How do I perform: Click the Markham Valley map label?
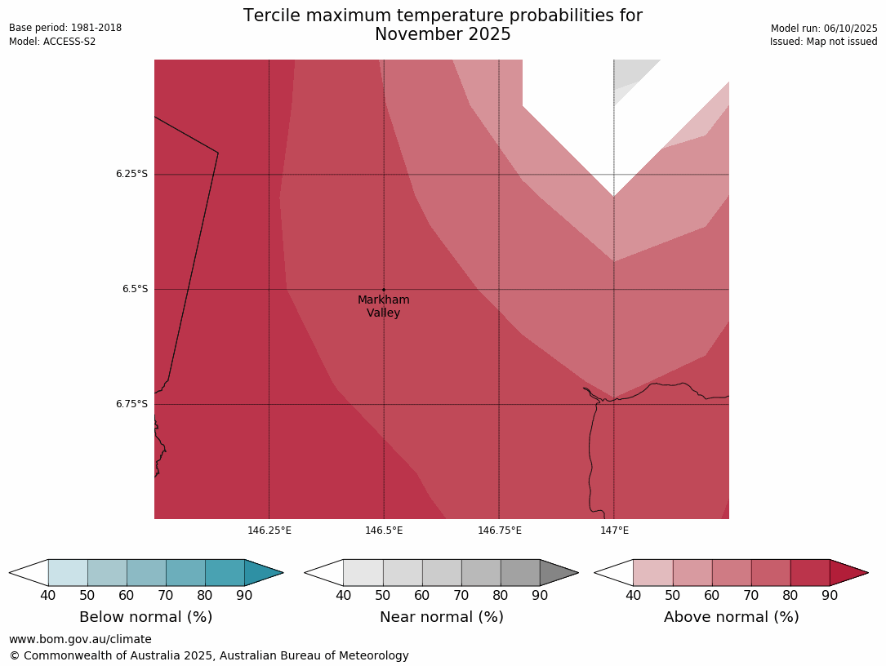click(x=383, y=306)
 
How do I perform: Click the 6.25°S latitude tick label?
click(x=131, y=174)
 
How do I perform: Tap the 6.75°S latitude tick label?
click(x=131, y=404)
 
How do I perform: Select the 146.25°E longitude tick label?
click(x=269, y=531)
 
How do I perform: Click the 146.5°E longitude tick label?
click(x=384, y=531)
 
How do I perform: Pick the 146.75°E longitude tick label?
click(x=499, y=531)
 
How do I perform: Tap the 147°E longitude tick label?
click(x=614, y=531)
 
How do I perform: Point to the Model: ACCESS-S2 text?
click(x=52, y=42)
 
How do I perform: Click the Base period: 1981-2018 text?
click(x=65, y=28)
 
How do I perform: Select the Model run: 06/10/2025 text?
click(x=824, y=29)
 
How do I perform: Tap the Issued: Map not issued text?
click(x=823, y=42)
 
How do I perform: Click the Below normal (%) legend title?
click(x=145, y=617)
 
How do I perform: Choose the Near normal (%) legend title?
click(x=441, y=617)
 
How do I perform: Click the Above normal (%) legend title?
click(x=731, y=617)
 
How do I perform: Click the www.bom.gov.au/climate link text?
click(x=80, y=639)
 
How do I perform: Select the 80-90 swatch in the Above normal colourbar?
click(x=809, y=573)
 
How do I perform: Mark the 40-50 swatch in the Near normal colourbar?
click(x=363, y=573)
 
